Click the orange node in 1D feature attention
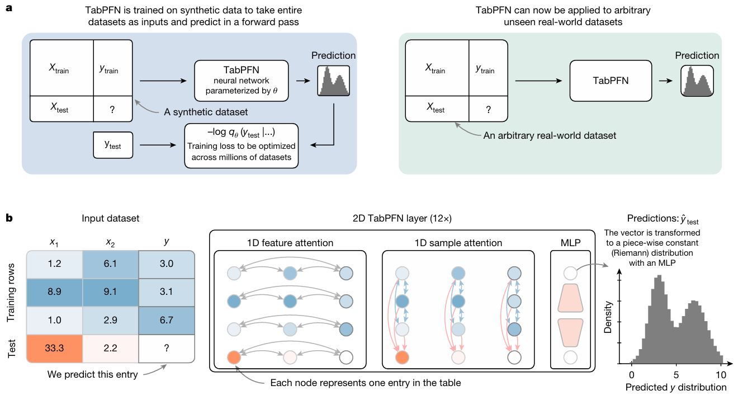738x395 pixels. click(x=234, y=356)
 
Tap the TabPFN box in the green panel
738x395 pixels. click(x=611, y=81)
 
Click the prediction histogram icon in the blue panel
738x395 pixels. click(x=333, y=82)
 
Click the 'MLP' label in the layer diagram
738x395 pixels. click(x=570, y=243)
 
